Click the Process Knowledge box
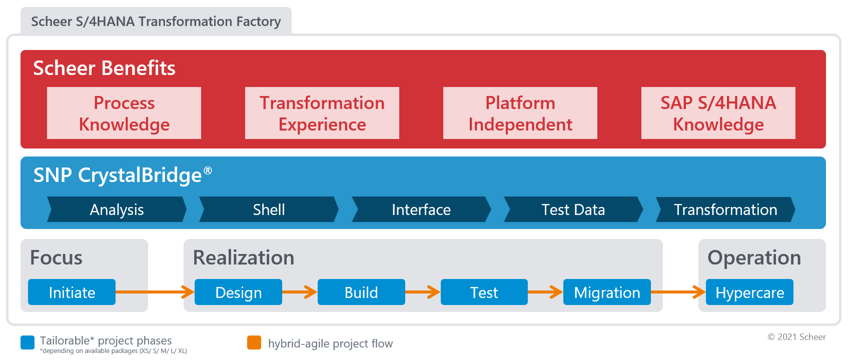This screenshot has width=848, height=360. point(124,113)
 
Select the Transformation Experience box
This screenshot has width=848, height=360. point(322,113)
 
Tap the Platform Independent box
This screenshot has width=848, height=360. point(520,113)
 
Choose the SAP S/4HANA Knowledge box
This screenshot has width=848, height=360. point(718,113)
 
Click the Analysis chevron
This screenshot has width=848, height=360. point(117,209)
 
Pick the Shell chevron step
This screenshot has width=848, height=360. point(269,209)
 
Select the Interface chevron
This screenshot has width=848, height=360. point(421,209)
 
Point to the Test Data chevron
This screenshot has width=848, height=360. point(573,209)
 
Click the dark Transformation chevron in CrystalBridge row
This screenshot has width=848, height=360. point(726,209)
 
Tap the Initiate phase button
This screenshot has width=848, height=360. point(72,292)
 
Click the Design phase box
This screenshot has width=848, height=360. point(239,292)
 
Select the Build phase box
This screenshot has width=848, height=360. point(361,292)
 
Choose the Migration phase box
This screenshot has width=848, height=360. point(607,292)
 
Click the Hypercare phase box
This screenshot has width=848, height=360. point(749,292)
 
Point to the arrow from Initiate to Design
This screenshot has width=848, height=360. point(155,292)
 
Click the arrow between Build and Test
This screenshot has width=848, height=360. point(423,292)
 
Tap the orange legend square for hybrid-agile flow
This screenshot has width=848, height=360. point(254,342)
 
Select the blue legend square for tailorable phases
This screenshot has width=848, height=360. point(28,342)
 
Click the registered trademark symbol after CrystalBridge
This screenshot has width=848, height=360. point(208,170)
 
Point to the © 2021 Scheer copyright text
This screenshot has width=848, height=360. point(796,337)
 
